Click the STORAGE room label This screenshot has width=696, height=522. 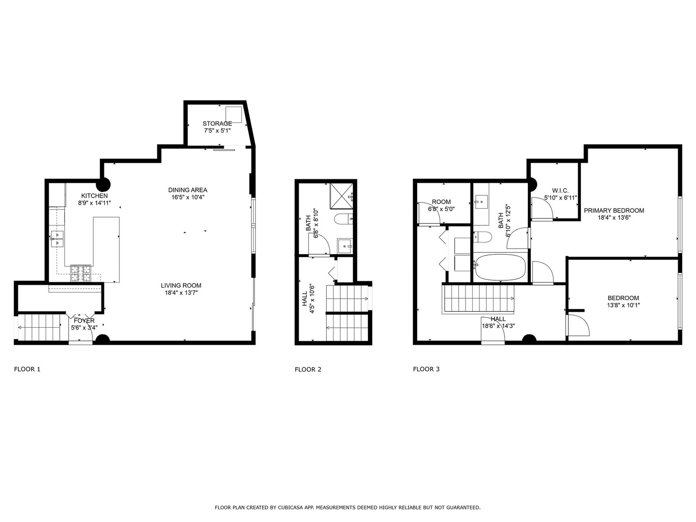[217, 124]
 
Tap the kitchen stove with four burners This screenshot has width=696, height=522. [81, 274]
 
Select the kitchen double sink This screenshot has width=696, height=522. [57, 239]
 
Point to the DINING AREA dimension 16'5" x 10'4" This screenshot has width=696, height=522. [188, 197]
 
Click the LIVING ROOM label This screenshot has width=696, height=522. [181, 286]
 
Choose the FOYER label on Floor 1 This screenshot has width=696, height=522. [84, 320]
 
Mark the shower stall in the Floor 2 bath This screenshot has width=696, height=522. [342, 196]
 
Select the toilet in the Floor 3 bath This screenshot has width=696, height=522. [483, 236]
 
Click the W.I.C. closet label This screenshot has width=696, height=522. [560, 190]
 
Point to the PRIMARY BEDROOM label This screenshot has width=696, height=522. [614, 210]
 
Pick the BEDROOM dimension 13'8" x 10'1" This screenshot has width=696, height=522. [623, 305]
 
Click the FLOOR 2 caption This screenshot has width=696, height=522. [308, 370]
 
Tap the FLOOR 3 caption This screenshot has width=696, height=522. [426, 369]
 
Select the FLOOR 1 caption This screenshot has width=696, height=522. [27, 369]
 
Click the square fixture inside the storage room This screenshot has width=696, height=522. [233, 114]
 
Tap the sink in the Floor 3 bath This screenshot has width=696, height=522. [481, 203]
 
